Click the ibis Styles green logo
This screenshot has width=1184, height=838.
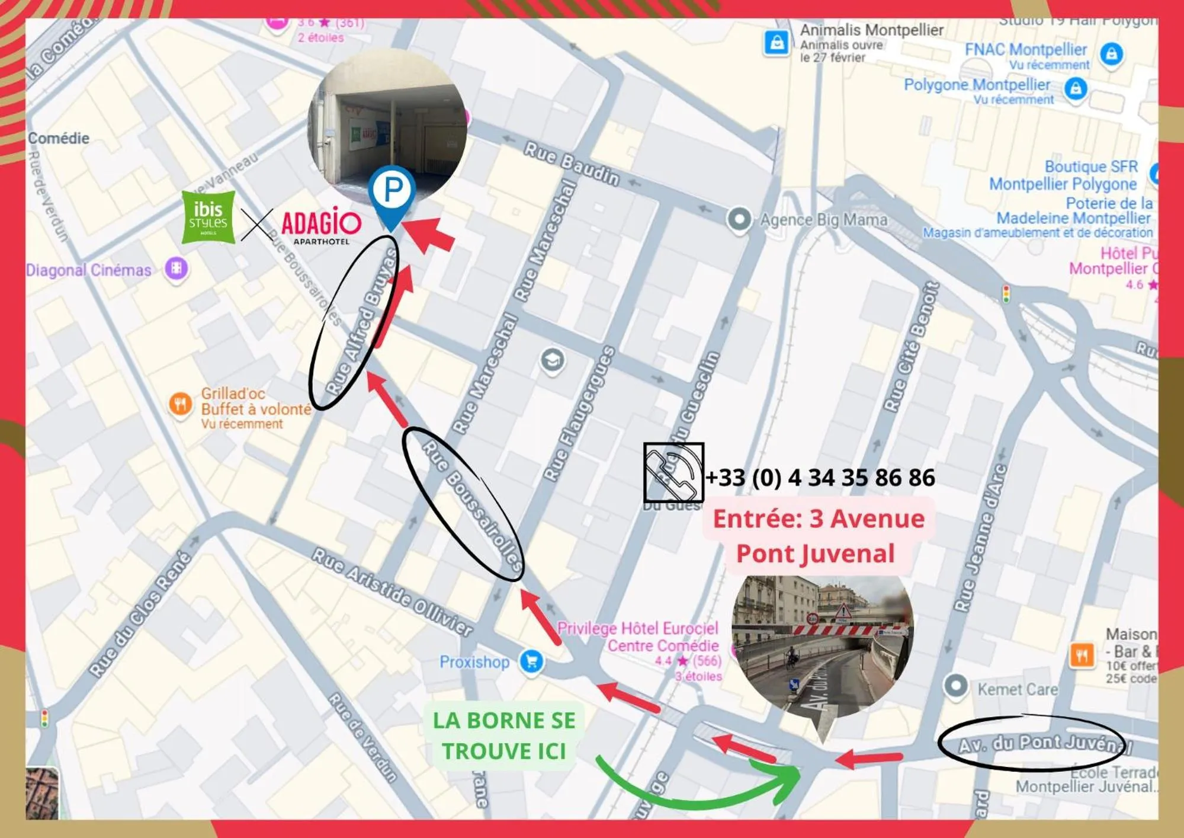[x=208, y=218]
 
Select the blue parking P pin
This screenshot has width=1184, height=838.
[x=392, y=192]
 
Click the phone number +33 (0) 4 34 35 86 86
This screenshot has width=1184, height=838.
[x=820, y=478]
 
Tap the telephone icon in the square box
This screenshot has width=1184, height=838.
[x=673, y=472]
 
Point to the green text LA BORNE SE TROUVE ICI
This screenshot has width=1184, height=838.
[x=504, y=735]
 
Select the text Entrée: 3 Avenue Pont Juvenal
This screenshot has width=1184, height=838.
[x=818, y=536]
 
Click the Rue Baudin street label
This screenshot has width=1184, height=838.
[x=571, y=163]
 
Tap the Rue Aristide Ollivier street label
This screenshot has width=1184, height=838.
[x=393, y=591]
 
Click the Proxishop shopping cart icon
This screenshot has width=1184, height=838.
[x=531, y=661]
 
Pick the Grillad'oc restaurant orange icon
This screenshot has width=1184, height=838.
[x=180, y=404]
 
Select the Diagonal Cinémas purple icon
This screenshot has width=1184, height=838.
[x=176, y=268]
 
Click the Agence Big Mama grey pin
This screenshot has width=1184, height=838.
[x=739, y=219]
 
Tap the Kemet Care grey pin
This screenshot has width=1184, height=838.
[x=955, y=686]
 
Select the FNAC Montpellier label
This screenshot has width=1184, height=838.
[x=1025, y=50]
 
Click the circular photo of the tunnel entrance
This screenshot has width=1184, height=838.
[x=822, y=643]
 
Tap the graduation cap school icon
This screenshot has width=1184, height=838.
[x=552, y=360]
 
